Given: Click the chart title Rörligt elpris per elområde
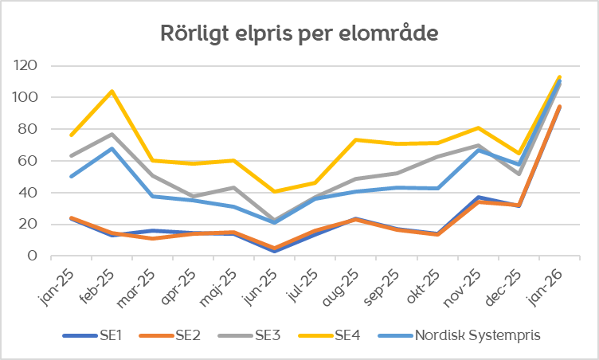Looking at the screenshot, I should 299,34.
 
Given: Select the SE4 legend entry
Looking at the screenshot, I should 347,335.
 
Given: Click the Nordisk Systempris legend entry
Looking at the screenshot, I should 477,335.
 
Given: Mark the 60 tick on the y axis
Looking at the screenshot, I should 29,160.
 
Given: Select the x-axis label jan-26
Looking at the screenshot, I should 546,284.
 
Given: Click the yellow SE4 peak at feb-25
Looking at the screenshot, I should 112,91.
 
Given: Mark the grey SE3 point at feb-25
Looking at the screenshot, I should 112,134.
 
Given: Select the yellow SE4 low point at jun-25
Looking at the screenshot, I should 275,191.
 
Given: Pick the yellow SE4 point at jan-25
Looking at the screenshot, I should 72,135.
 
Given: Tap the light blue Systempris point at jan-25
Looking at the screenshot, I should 72,176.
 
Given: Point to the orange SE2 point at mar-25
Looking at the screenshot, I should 153,238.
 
